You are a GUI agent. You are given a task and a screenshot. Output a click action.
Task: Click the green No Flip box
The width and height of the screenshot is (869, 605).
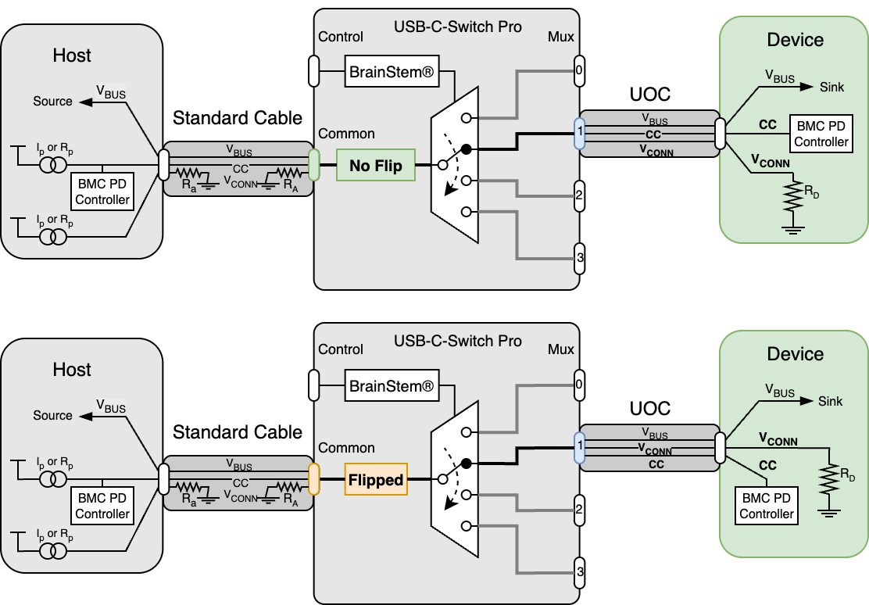375,165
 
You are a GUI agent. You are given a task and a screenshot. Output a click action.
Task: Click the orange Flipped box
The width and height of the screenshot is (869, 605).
376,479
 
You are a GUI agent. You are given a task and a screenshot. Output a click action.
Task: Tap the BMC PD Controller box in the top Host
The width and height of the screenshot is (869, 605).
102,192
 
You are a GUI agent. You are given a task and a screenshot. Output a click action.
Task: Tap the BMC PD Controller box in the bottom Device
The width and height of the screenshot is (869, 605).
767,506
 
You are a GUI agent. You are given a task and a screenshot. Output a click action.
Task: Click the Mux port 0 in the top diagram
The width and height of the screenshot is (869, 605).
579,70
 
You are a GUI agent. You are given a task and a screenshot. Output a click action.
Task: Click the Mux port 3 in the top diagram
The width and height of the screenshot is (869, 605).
579,258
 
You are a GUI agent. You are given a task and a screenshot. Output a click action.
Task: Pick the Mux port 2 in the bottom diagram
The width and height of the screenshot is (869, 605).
579,509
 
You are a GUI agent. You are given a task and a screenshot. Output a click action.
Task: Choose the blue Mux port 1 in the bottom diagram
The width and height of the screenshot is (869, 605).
579,446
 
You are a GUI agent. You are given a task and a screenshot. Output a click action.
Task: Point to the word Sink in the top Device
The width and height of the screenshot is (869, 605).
831,87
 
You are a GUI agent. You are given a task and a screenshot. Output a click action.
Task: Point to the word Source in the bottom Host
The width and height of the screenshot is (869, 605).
52,415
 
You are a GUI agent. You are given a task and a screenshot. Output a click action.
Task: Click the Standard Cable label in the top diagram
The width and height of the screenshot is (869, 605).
237,118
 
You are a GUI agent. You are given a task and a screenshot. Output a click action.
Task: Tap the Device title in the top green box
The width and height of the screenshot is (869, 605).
795,40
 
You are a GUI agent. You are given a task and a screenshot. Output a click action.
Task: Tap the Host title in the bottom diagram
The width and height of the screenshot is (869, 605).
72,369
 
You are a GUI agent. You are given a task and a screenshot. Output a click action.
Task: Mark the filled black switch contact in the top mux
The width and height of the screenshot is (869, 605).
467,149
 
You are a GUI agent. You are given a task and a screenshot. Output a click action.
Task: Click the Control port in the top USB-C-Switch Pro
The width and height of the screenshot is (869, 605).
314,70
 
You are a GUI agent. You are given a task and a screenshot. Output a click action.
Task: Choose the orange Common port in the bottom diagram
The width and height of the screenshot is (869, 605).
314,478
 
